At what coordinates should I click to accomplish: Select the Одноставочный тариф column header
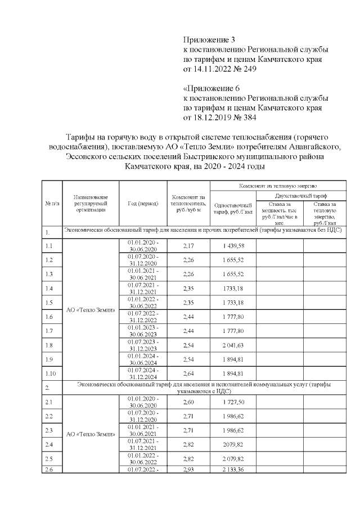[x=233, y=208]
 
